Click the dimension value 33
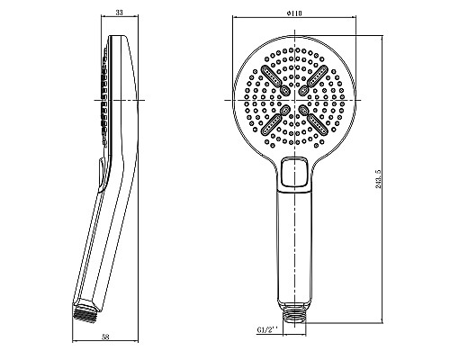(x=120, y=13)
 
